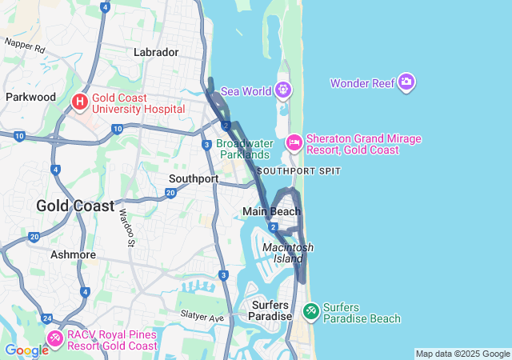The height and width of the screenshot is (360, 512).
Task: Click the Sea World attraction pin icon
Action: point(282,90)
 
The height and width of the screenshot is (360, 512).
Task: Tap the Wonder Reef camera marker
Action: point(406,82)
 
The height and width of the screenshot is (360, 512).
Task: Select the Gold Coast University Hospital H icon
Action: point(80,102)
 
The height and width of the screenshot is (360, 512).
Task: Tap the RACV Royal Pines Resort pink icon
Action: point(54,338)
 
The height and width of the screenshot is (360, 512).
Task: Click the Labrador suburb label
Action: point(156,52)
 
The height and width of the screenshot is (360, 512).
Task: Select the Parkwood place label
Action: point(30,97)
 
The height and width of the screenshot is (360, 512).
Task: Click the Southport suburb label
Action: point(194,178)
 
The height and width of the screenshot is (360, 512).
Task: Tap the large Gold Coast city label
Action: point(75,206)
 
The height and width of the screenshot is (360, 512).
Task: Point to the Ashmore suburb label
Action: point(74,254)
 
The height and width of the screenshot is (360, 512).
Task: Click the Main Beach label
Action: point(272,211)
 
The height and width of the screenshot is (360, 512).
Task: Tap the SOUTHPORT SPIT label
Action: point(299,171)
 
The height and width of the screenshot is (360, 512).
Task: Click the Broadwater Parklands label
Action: point(242,149)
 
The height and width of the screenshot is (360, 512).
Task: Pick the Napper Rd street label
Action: point(26,46)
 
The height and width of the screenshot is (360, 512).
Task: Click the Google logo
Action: point(26,350)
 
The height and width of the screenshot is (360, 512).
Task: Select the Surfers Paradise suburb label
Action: point(271,310)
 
